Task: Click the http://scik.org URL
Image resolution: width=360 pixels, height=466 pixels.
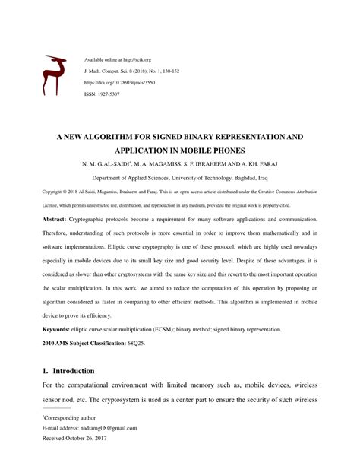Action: click(x=131, y=58)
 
